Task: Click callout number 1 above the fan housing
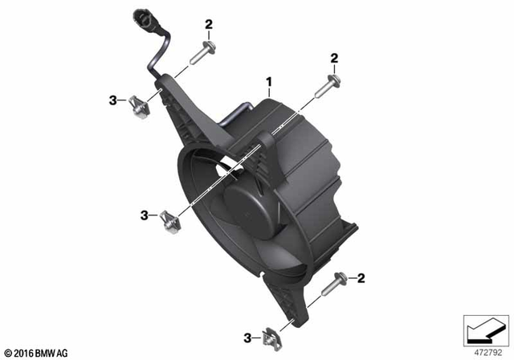[x=269, y=82]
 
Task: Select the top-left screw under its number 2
[x=202, y=53]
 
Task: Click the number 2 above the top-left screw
[x=209, y=24]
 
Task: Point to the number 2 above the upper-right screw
[x=334, y=59]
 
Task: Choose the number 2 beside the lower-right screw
[x=361, y=278]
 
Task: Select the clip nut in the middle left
[x=169, y=222]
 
